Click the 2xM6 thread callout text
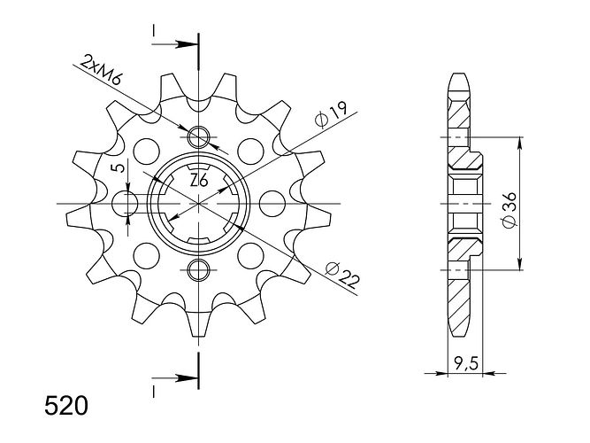click(x=102, y=70)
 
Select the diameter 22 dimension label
click(x=342, y=275)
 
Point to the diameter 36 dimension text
click(x=510, y=210)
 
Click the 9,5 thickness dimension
click(x=466, y=364)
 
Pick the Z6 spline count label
click(x=199, y=181)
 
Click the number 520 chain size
click(x=66, y=407)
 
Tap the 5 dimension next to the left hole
click(x=119, y=167)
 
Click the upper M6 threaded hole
click(x=198, y=137)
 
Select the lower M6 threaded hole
click(x=198, y=270)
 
